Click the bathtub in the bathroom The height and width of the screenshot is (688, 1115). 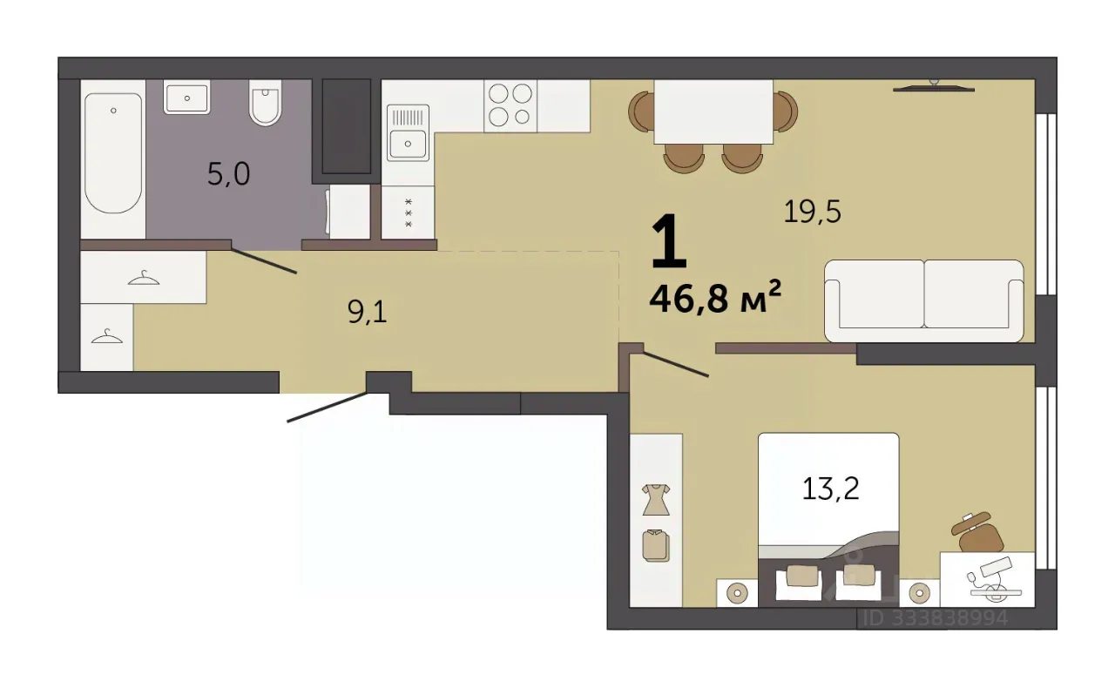(113, 153)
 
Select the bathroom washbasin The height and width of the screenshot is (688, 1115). (186, 97)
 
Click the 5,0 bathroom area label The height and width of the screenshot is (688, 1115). (228, 175)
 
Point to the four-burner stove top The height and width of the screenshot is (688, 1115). (510, 105)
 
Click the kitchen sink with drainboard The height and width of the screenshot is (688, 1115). (408, 133)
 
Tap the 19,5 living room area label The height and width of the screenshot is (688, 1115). (812, 212)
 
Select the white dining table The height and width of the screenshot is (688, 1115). (713, 112)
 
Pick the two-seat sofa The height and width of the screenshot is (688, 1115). (924, 300)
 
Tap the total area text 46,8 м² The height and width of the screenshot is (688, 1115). (715, 298)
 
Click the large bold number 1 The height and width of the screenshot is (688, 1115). (669, 240)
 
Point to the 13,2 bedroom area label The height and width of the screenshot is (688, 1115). (830, 489)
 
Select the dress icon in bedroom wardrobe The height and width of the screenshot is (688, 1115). (656, 500)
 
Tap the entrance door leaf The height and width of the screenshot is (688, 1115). (328, 408)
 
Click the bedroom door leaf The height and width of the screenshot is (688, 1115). (675, 364)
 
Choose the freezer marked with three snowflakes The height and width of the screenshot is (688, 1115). (408, 212)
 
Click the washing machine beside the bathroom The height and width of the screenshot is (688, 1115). (348, 212)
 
